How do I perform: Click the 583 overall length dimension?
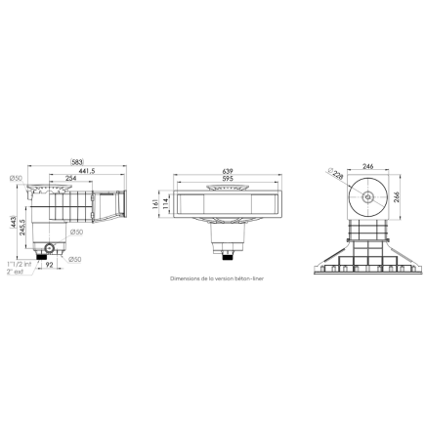tap(77, 162)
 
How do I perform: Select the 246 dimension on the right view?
tap(369, 167)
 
